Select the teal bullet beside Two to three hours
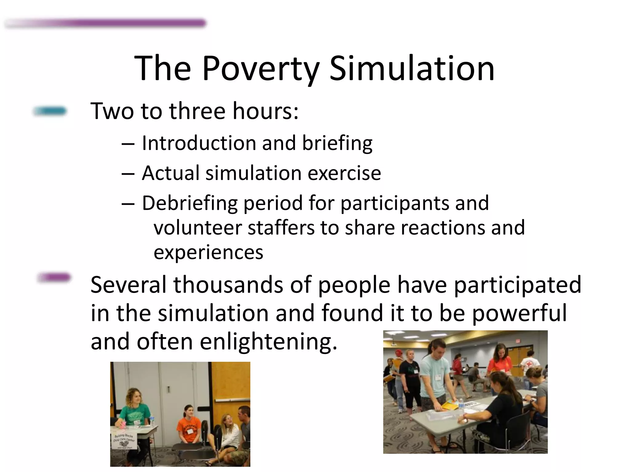pos(50,111)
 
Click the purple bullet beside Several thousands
pos(54,277)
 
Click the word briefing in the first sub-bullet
pos(337,143)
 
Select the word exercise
pos(344,173)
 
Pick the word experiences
pos(208,252)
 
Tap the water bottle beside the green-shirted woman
pos(152,420)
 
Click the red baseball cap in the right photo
pos(399,352)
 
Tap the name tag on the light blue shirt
pos(438,377)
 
